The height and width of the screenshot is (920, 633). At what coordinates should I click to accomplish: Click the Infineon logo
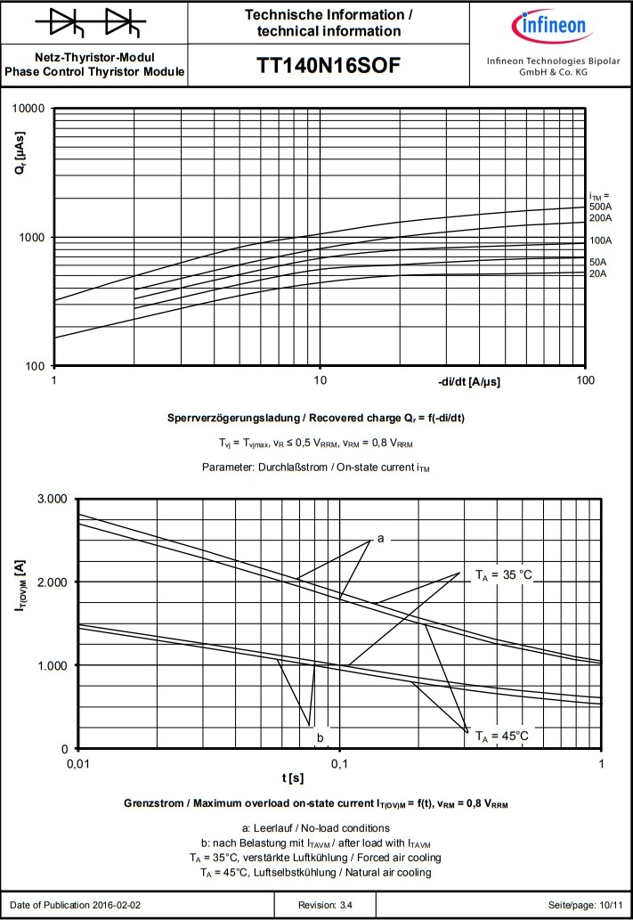pyautogui.click(x=548, y=28)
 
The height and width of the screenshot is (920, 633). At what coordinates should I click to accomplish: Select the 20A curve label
pyautogui.click(x=597, y=273)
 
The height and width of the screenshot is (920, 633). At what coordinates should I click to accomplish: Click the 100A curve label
pyautogui.click(x=600, y=240)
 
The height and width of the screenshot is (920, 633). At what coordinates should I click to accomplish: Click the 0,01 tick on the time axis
pyautogui.click(x=78, y=764)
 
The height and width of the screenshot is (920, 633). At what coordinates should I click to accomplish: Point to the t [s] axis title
pyautogui.click(x=293, y=778)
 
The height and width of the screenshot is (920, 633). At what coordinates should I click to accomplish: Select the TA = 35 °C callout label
pyautogui.click(x=503, y=574)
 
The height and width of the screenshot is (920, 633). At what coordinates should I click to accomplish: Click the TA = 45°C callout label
pyautogui.click(x=502, y=736)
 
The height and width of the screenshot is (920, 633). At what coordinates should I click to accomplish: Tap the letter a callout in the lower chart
pyautogui.click(x=380, y=538)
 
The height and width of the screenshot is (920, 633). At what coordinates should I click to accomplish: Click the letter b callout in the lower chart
pyautogui.click(x=320, y=737)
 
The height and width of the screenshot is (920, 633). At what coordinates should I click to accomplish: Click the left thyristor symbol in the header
pyautogui.click(x=68, y=23)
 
